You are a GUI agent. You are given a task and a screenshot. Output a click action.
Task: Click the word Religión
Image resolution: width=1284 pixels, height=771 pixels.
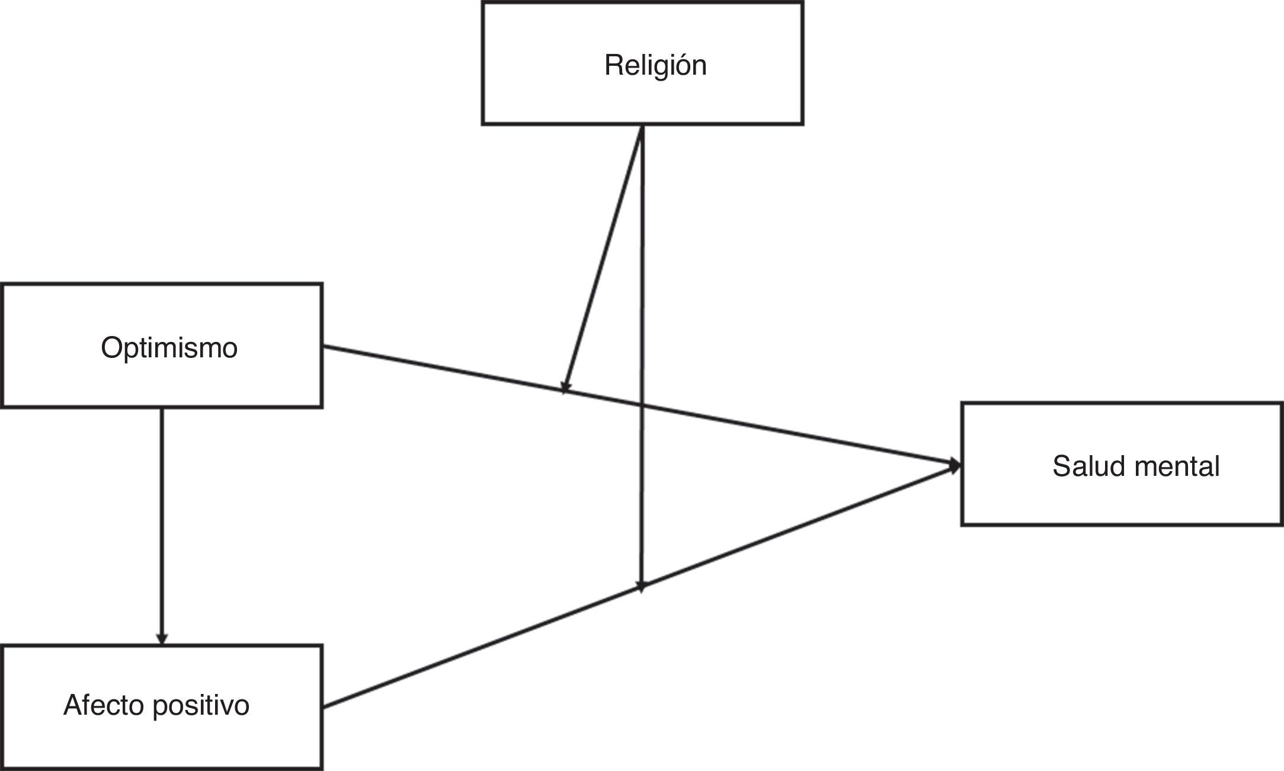655,65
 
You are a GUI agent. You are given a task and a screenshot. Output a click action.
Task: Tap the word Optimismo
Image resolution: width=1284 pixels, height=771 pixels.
169,348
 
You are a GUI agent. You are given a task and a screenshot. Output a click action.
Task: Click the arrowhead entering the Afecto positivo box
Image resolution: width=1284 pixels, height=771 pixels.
162,639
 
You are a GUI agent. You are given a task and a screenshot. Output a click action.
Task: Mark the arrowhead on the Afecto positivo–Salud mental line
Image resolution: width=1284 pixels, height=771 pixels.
641,586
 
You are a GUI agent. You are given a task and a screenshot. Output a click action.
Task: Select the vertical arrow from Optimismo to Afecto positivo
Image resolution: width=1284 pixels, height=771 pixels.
162,522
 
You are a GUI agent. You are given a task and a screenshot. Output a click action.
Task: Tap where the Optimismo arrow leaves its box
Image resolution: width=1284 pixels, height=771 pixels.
324,347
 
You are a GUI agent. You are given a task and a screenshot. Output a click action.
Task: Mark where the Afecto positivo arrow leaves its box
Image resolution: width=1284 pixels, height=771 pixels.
324,706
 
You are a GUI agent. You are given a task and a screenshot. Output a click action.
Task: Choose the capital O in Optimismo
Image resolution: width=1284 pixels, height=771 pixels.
111,348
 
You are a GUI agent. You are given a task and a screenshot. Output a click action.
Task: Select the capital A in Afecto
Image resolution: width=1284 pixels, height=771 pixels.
72,705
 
